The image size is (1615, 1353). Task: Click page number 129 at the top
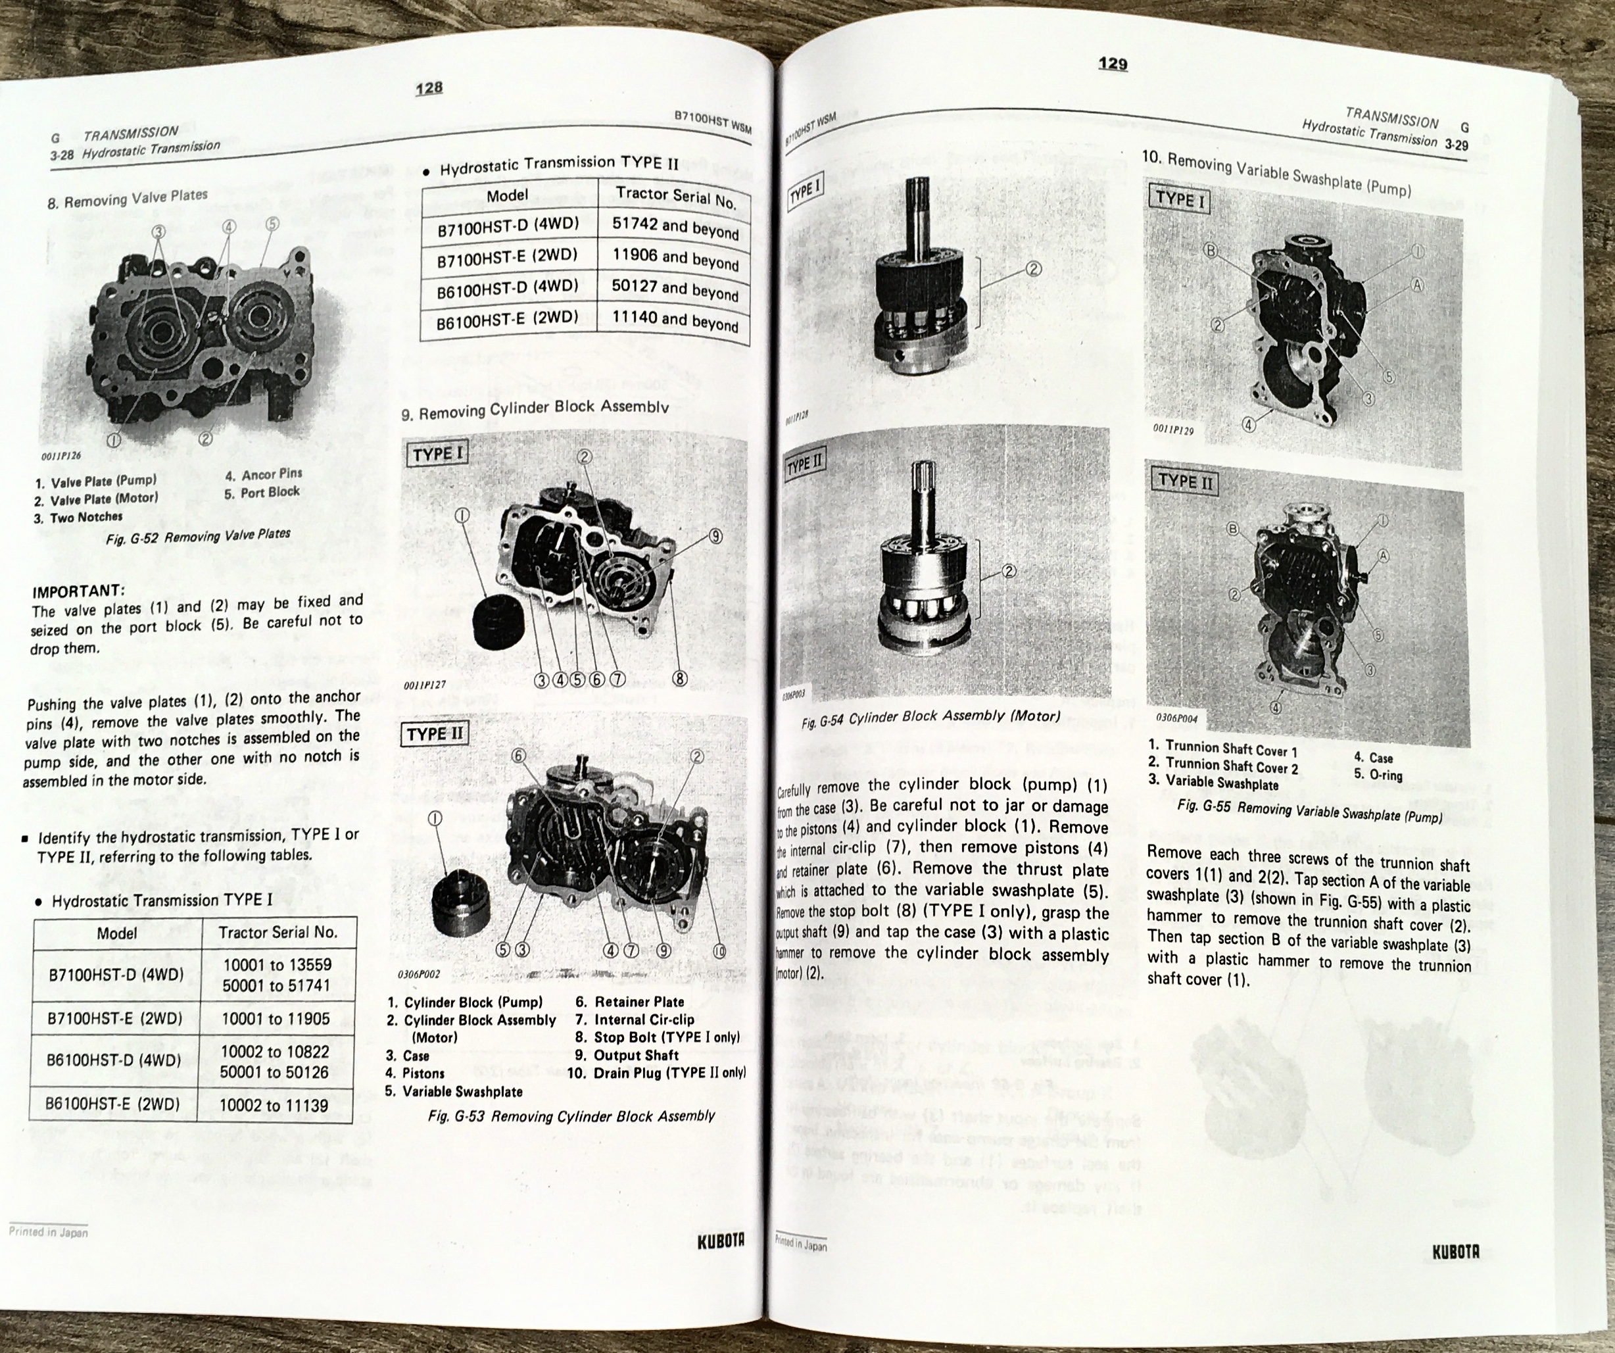(1112, 63)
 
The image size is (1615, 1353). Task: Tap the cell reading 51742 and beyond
(675, 228)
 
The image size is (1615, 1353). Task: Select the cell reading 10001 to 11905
(276, 1018)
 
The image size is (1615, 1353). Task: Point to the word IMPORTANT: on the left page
(78, 591)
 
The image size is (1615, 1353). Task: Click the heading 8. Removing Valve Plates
(127, 199)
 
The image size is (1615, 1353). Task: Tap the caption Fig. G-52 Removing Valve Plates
(198, 536)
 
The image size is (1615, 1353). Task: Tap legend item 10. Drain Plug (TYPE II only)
(657, 1073)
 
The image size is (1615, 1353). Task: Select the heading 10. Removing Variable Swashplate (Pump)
(1276, 174)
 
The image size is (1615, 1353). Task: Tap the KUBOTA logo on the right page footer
(1455, 1252)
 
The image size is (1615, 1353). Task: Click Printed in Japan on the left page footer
(48, 1231)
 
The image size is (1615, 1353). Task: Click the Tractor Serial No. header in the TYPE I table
(277, 932)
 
